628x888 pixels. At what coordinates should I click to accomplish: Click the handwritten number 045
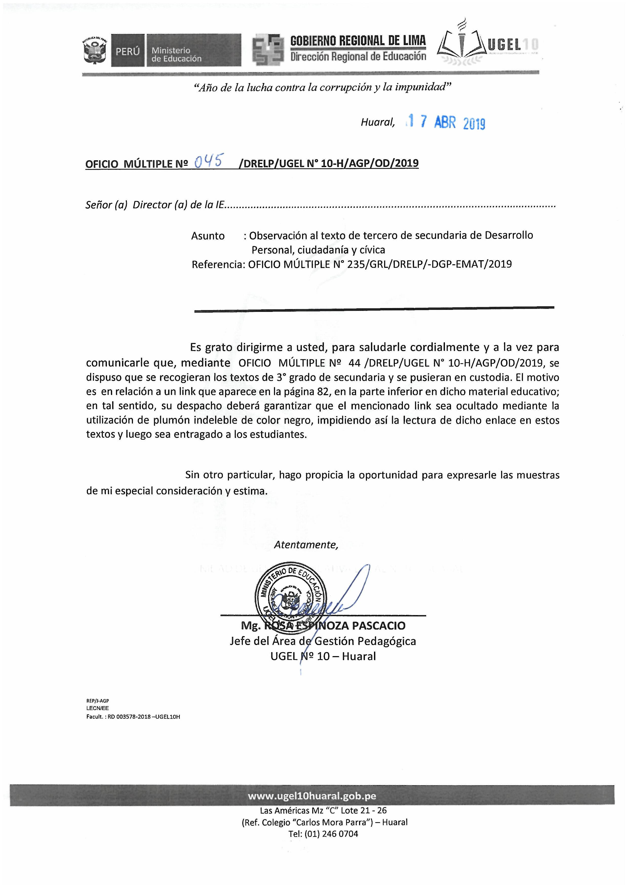pyautogui.click(x=208, y=160)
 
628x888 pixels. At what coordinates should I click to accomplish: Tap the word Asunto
pyautogui.click(x=208, y=236)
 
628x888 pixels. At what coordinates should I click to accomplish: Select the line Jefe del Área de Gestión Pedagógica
pyautogui.click(x=323, y=641)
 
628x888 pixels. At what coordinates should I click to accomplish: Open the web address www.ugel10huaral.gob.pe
pyautogui.click(x=312, y=796)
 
